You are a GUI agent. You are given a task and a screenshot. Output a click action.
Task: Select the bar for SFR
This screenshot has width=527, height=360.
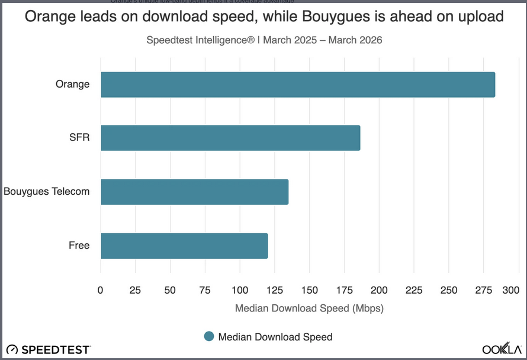pos(230,138)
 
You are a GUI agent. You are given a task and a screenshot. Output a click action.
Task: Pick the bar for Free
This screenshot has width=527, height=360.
pos(184,246)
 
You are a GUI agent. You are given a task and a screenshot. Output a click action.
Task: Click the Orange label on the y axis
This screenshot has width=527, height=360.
pos(72,84)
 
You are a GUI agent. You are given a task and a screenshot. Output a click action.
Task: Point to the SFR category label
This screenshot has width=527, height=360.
pos(79,138)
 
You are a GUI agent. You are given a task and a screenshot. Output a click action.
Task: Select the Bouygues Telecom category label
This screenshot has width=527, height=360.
pos(47,192)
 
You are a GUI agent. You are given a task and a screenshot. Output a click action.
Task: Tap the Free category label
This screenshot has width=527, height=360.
pos(79,246)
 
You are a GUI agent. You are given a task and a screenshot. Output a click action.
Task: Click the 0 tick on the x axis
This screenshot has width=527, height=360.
pos(101,290)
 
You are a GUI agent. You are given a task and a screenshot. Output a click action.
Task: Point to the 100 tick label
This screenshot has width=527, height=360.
pos(240,290)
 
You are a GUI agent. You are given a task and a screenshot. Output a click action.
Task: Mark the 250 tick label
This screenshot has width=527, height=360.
pos(449,290)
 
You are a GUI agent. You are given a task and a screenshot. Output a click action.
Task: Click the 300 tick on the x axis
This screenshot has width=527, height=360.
pos(510,290)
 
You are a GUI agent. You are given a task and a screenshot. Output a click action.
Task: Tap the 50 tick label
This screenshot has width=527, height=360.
pos(171,290)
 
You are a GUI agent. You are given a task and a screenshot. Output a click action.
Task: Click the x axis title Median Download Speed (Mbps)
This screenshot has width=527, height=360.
pos(309,308)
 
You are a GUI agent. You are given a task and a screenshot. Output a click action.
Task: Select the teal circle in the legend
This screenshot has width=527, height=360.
pos(208,337)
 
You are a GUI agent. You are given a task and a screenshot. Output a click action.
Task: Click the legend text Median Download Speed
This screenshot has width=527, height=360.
pos(275,337)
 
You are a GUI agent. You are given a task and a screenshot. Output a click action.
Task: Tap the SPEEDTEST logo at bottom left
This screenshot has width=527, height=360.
pos(49,349)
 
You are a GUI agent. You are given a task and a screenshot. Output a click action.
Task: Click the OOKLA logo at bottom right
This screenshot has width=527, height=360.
pos(501,349)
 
